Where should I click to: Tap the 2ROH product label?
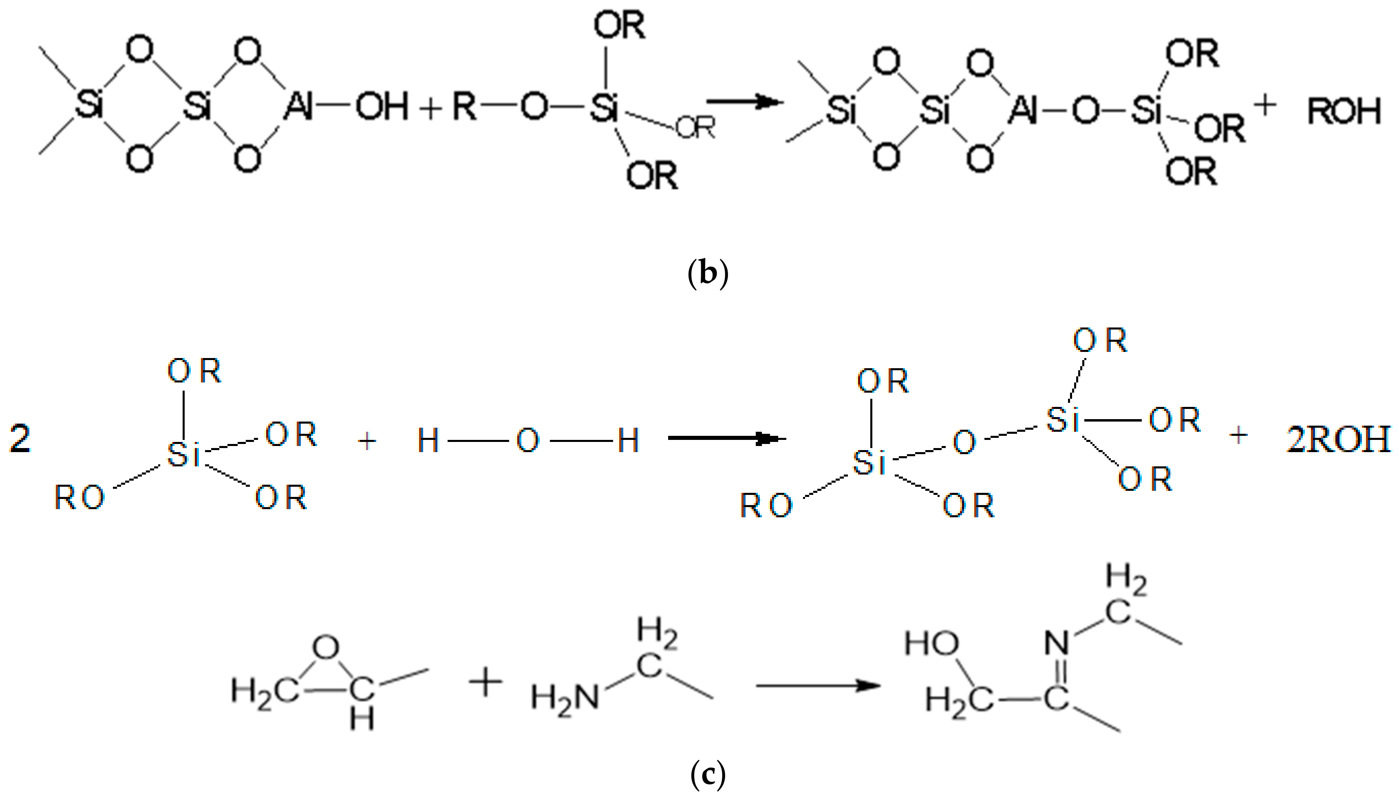click(x=1338, y=439)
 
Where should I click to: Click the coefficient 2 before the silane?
click(x=20, y=441)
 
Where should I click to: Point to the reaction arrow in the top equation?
click(x=744, y=102)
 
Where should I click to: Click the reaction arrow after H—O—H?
click(x=726, y=438)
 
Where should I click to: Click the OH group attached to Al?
click(x=382, y=107)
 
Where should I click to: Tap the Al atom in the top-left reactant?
click(x=298, y=107)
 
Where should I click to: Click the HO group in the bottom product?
click(x=931, y=644)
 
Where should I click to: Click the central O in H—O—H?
click(x=527, y=441)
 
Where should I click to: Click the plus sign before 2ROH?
click(x=1238, y=436)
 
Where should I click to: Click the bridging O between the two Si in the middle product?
click(x=964, y=442)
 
